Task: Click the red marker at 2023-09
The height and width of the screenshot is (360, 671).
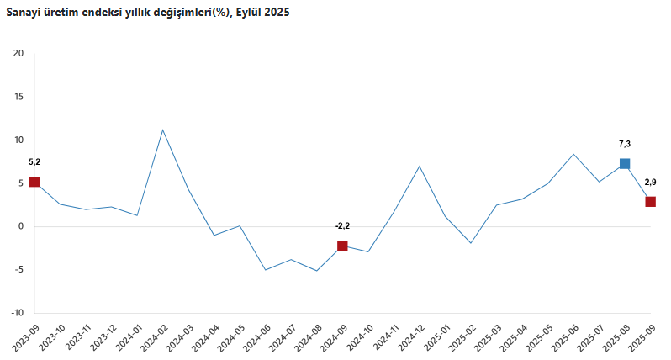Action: tap(34, 182)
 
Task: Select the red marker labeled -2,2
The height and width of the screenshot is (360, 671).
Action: tap(342, 246)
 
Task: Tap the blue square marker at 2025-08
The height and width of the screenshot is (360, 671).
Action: tap(625, 163)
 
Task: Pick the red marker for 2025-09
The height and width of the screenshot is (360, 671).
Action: tap(650, 201)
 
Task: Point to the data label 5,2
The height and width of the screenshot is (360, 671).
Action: tap(34, 161)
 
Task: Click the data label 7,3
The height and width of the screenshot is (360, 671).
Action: tap(625, 144)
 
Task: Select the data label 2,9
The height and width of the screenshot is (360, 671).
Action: tap(650, 182)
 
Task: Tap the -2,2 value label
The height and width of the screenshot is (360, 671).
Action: tap(342, 225)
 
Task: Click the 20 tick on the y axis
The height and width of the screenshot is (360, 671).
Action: tap(18, 54)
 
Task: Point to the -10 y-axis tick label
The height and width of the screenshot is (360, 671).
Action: tap(17, 313)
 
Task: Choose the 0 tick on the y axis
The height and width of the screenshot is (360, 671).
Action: tap(21, 226)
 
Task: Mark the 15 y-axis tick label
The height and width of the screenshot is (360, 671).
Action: tap(18, 97)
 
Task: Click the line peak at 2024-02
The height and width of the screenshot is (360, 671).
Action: tap(162, 130)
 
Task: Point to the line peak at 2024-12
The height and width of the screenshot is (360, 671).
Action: tap(419, 166)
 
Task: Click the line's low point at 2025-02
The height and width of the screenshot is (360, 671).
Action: tap(471, 243)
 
